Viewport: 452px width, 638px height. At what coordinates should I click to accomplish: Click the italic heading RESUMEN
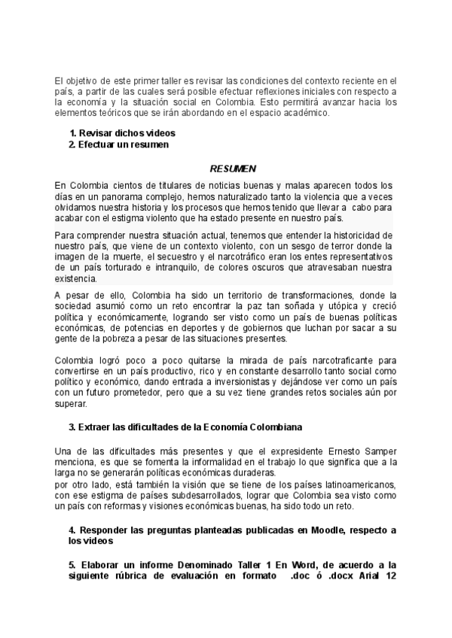[x=233, y=169]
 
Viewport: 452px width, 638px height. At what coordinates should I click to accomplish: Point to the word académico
[x=303, y=113]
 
